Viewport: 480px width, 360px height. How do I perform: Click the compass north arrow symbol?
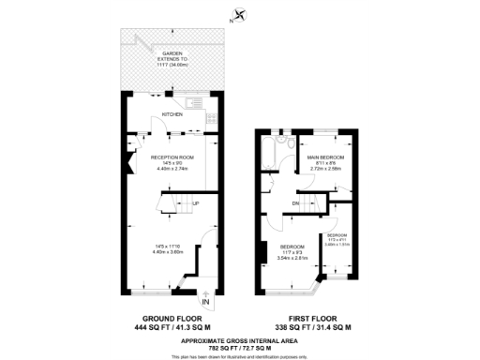tap(242, 14)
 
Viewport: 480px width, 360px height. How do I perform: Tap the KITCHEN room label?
tap(172, 113)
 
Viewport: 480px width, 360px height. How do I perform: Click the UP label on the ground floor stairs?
tap(195, 203)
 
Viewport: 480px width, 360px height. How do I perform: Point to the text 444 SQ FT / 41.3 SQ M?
tap(172, 327)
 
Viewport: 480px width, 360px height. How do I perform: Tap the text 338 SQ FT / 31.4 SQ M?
tap(316, 327)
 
